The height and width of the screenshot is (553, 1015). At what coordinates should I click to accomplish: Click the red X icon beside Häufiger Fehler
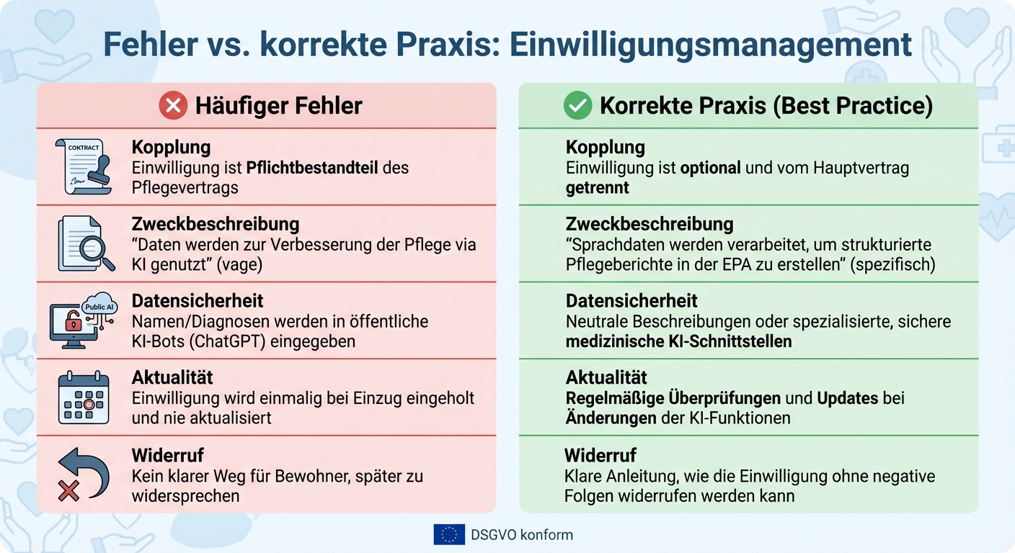(173, 107)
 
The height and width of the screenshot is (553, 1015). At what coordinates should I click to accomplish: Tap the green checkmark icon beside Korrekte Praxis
(577, 107)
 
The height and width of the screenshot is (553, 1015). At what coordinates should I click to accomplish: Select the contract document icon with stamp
(83, 167)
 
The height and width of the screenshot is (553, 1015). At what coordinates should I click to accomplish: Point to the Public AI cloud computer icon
(82, 321)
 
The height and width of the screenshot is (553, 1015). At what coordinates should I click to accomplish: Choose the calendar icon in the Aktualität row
(84, 397)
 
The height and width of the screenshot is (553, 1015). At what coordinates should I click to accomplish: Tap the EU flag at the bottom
(448, 534)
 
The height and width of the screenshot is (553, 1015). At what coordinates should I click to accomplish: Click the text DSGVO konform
(522, 535)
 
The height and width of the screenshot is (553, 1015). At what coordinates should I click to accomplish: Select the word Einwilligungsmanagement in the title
(711, 45)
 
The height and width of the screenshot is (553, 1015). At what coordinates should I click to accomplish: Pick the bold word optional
(710, 168)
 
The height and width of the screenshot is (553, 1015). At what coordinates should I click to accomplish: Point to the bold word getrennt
(597, 188)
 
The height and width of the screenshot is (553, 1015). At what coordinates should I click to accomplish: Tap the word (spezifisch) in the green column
(892, 265)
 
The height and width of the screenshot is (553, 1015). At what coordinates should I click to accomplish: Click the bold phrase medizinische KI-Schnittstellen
(678, 341)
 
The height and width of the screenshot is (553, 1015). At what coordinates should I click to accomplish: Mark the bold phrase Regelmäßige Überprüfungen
(673, 398)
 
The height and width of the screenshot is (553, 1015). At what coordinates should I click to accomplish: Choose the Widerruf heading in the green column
(600, 455)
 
